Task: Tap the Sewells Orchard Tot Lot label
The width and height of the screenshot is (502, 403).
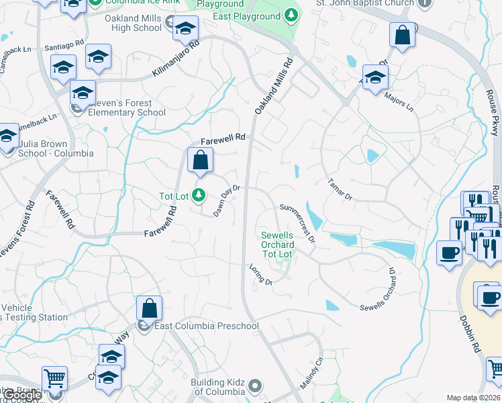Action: coord(277,244)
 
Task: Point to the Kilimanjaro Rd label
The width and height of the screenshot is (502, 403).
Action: coord(177,58)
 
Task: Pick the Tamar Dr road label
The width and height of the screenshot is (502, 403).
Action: coord(340,189)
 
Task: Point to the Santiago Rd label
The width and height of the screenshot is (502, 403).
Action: coord(63,47)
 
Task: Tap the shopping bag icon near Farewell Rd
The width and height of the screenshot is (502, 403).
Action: coord(200,162)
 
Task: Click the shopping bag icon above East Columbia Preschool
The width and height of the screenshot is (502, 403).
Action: coord(150,310)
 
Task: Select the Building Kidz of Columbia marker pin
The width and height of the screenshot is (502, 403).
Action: coord(254,386)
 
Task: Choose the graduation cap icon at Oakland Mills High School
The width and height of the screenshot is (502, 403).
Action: coord(185,30)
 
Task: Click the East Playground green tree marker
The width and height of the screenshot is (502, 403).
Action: coord(291,15)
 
